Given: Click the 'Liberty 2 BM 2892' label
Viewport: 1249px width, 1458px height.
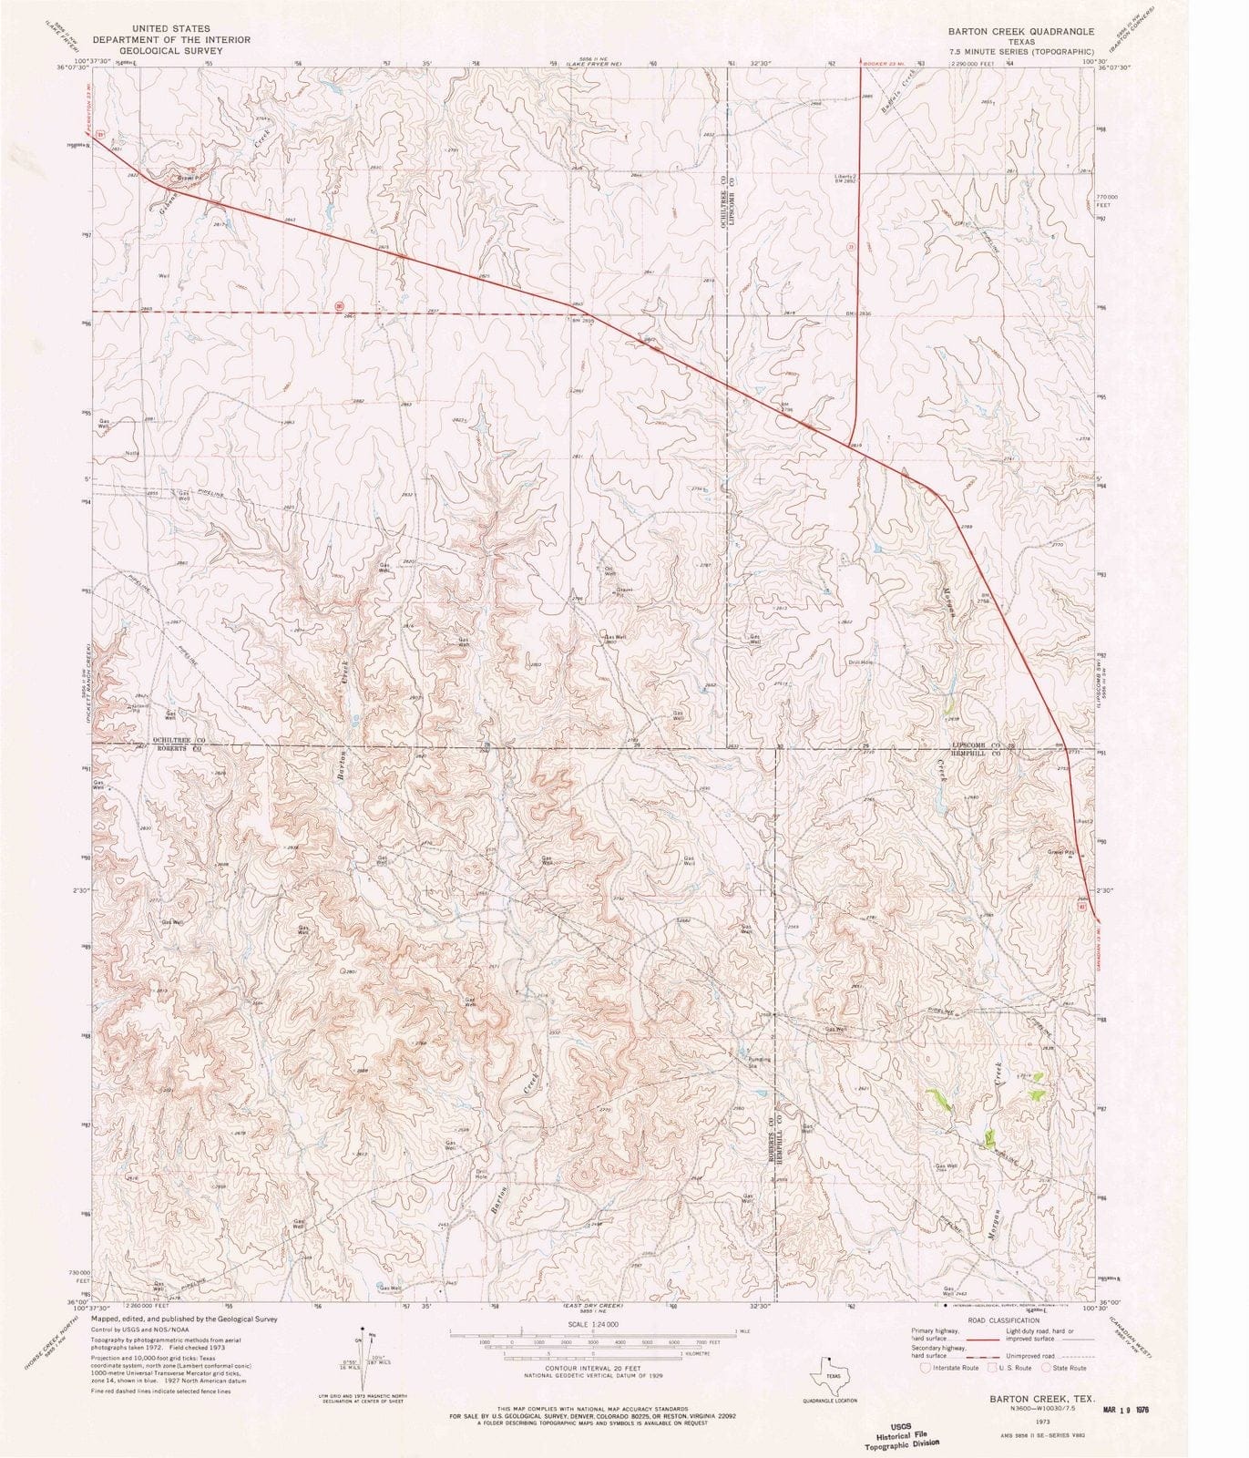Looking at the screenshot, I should [845, 180].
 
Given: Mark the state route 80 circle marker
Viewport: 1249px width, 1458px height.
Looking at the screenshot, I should [340, 306].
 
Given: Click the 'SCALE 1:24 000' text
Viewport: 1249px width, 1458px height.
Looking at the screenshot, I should [593, 1323].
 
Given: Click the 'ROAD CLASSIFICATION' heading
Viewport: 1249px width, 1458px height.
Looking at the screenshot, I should [1003, 1320].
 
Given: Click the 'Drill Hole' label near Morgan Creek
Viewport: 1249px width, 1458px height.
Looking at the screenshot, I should [861, 662].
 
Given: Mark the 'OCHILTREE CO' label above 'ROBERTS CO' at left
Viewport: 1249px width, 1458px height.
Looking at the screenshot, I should [179, 741].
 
